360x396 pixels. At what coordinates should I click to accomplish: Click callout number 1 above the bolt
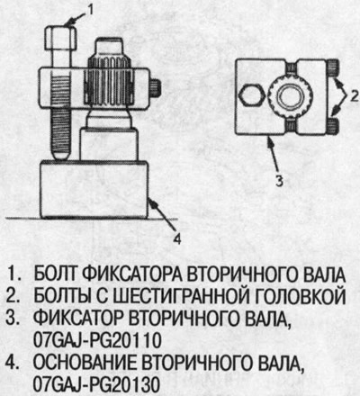pos(89,10)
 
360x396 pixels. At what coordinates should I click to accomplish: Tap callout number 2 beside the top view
pos(354,96)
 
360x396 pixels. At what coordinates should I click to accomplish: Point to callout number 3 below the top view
pos(279,181)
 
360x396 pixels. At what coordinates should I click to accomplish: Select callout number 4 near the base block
pos(177,239)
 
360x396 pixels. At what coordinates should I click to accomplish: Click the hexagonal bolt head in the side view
pos(61,38)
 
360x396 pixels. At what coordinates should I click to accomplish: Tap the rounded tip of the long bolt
pos(61,155)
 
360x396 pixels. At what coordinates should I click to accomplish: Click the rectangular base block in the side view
pos(94,190)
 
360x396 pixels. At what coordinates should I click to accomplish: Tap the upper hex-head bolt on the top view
pos(333,68)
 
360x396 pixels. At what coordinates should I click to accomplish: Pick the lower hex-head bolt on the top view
pos(333,125)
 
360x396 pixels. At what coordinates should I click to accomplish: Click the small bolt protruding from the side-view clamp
pos(156,88)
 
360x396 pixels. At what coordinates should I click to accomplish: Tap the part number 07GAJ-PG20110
pos(97,340)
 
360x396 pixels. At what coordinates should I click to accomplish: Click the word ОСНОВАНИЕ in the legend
pos(85,363)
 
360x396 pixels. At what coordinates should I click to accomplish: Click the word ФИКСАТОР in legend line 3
pos(78,319)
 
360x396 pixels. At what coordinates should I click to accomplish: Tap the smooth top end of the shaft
pos(110,48)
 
